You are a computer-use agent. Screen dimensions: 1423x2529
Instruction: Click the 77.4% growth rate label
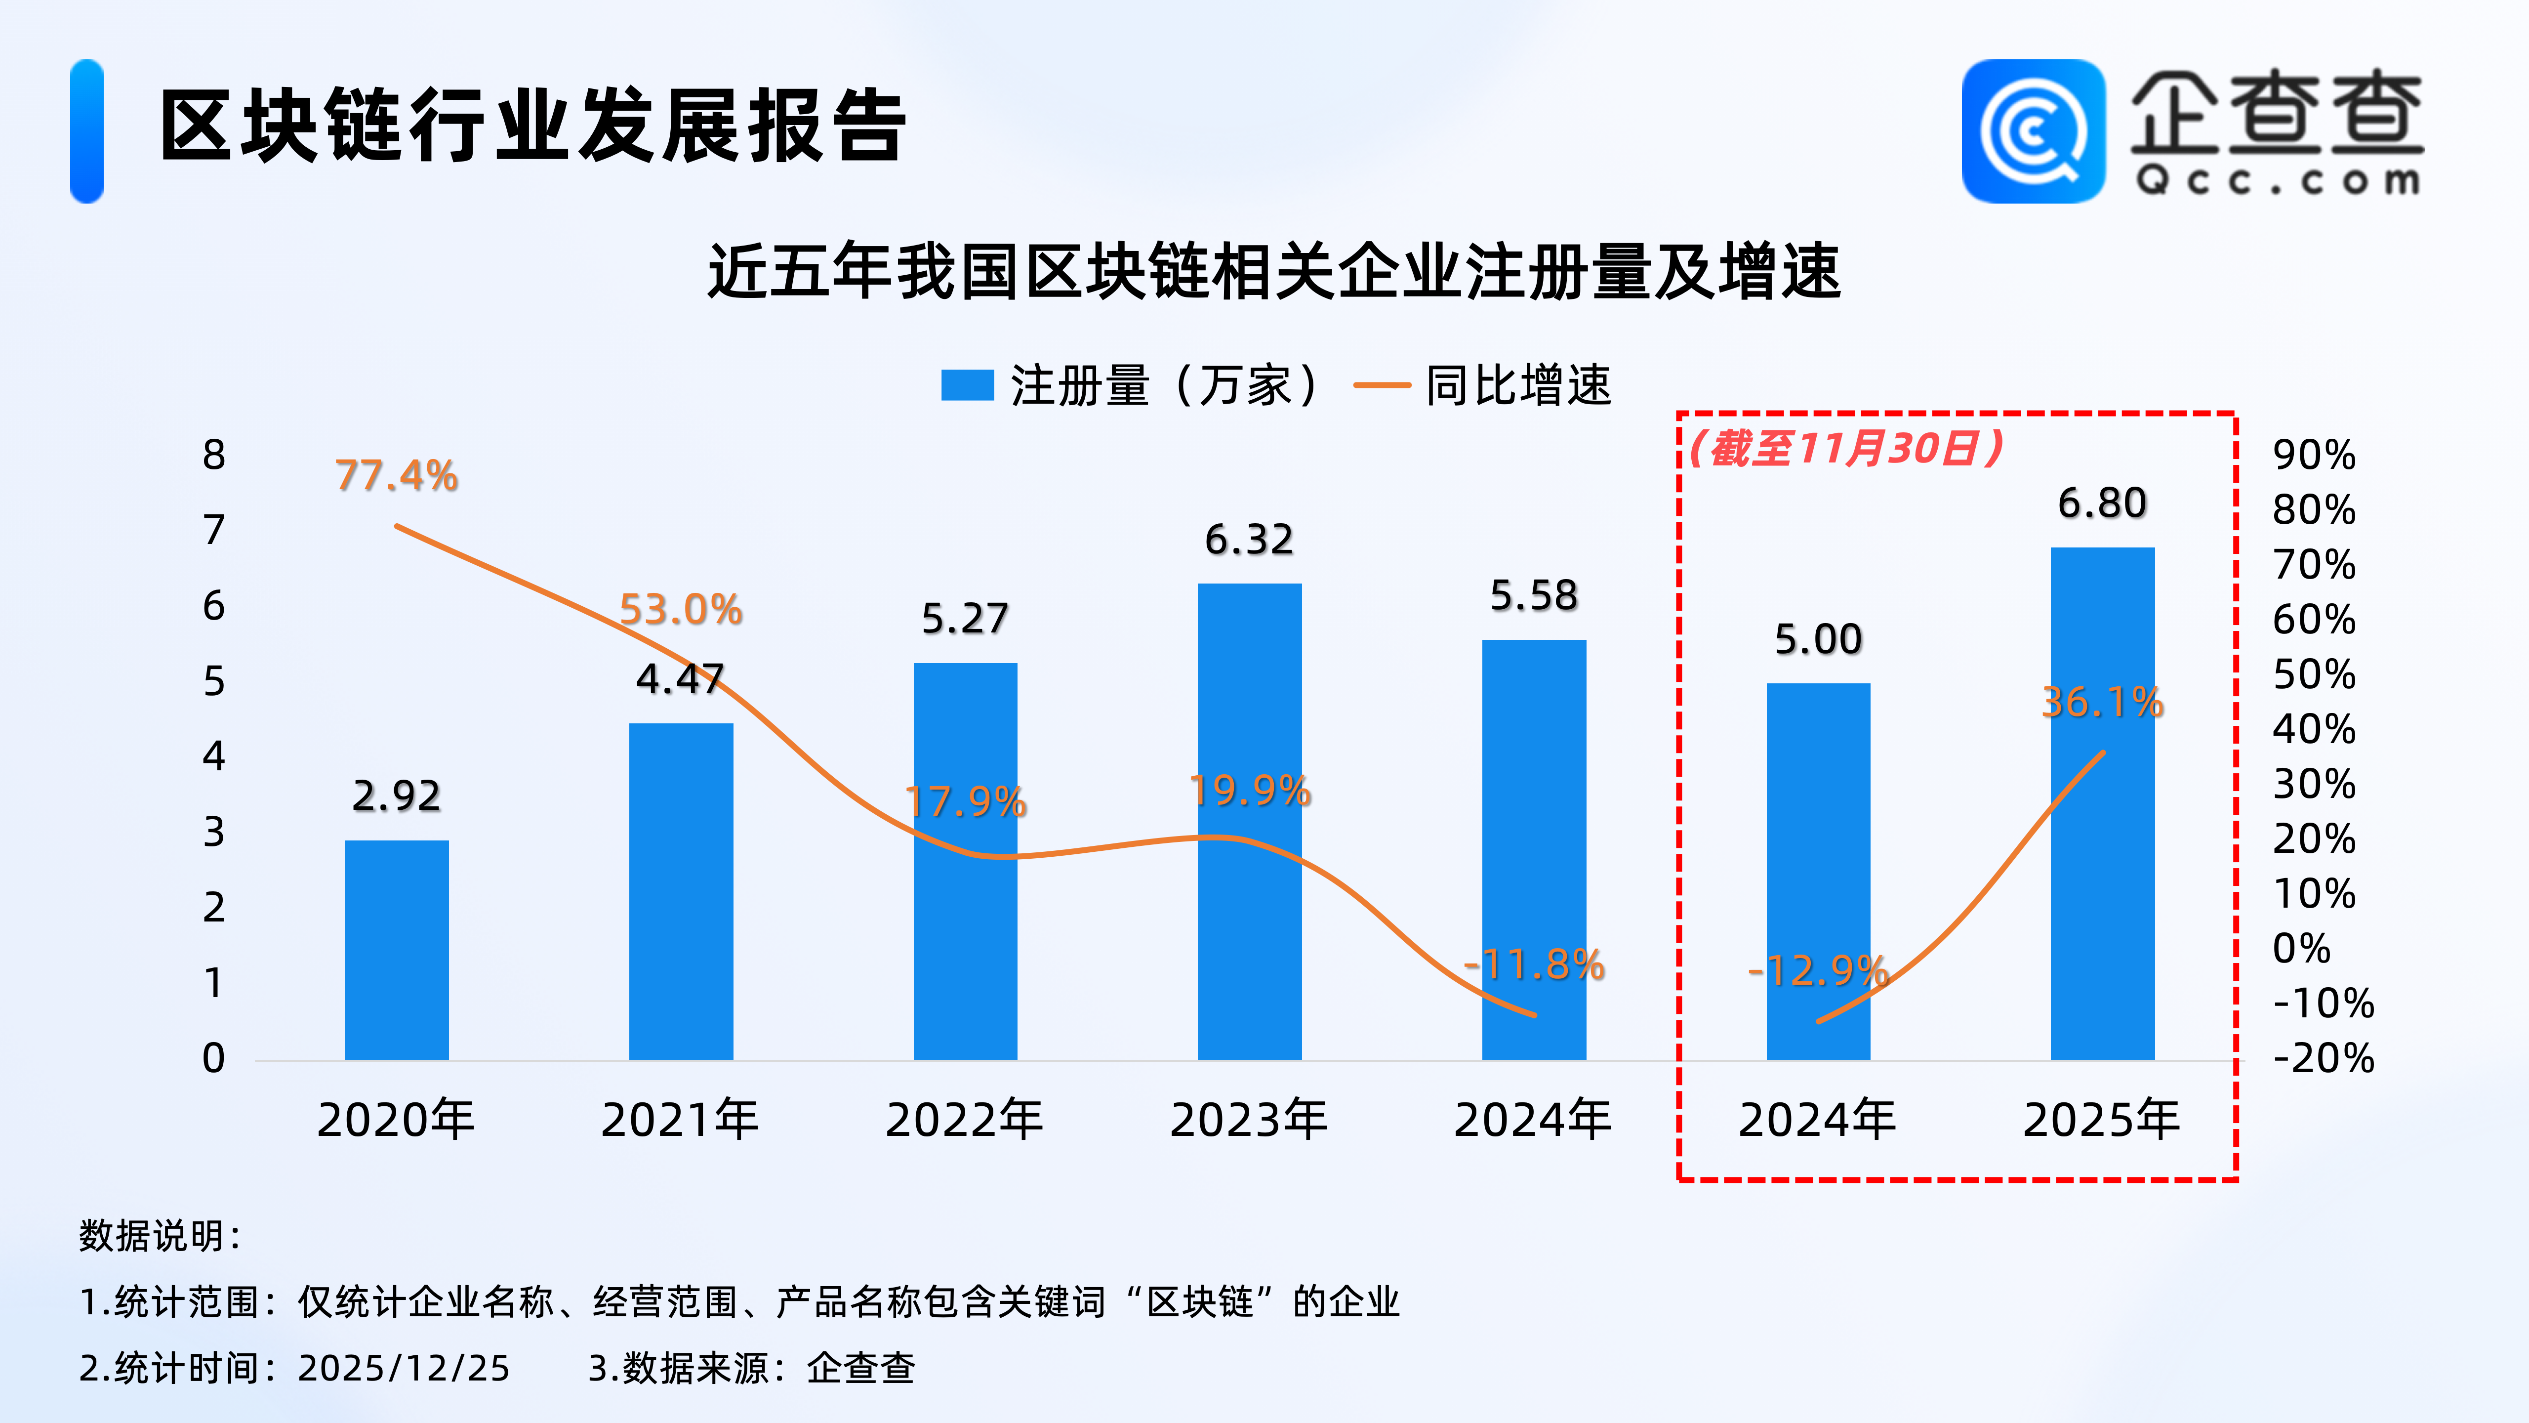(x=397, y=476)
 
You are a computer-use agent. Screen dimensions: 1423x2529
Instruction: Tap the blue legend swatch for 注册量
(x=967, y=385)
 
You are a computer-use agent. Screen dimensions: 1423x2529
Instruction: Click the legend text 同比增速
(x=1518, y=385)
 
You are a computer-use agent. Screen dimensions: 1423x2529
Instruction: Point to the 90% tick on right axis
(x=2313, y=455)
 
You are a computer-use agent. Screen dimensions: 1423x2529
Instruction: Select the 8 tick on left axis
(x=214, y=455)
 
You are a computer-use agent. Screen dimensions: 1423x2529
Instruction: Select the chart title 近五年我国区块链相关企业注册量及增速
(x=1273, y=272)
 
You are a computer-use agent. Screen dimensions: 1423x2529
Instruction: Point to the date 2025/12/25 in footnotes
(x=404, y=1368)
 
